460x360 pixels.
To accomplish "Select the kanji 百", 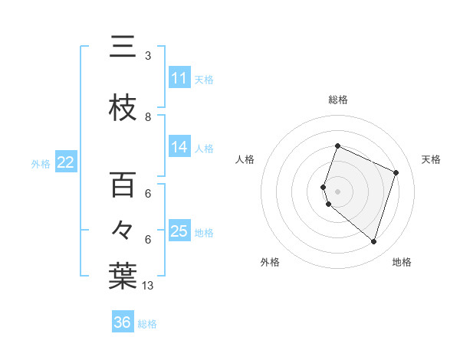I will (x=123, y=185).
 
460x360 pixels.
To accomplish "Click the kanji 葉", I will (x=123, y=277).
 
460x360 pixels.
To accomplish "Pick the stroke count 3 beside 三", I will (x=148, y=56).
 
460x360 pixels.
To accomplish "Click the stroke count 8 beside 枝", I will (x=148, y=117).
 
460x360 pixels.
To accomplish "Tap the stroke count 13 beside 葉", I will (x=149, y=286).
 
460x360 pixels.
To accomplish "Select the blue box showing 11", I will (x=179, y=78).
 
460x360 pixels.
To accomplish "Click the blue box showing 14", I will (x=179, y=147).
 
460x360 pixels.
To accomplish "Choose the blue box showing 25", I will (x=179, y=231).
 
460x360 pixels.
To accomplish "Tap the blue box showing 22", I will (x=65, y=162).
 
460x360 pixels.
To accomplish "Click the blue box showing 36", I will (x=123, y=323).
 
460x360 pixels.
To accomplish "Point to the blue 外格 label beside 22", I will (x=41, y=163).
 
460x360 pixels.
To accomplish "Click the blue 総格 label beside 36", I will (x=147, y=324).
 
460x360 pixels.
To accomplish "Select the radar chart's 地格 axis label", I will (x=402, y=262).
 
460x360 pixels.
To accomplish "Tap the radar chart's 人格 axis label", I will (x=245, y=159).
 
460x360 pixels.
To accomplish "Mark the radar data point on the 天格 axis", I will (x=396, y=172).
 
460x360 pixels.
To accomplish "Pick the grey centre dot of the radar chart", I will (x=337, y=191).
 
